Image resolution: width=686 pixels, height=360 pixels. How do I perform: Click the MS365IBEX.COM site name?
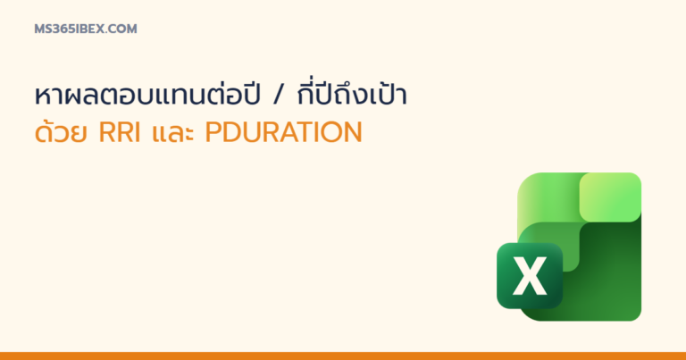[86, 29]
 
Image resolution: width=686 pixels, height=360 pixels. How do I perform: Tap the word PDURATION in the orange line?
[283, 132]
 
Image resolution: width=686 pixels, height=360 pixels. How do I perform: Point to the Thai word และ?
[172, 133]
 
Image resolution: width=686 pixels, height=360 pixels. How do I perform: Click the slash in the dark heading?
[278, 96]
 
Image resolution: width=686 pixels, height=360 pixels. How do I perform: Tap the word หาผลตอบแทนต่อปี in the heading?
[147, 93]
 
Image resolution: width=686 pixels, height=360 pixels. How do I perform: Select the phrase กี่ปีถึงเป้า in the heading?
[352, 93]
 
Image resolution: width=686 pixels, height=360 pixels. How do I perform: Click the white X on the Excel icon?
[530, 275]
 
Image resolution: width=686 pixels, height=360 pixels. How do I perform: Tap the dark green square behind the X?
[530, 275]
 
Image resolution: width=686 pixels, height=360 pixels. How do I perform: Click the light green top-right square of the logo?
[610, 197]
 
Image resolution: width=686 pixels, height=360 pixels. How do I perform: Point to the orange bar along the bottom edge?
[343, 356]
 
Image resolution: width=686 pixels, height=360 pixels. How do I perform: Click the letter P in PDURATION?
[213, 132]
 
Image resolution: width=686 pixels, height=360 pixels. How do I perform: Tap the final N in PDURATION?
[353, 132]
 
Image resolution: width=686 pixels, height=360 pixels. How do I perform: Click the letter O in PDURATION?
[331, 132]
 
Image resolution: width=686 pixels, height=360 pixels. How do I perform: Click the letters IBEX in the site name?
[88, 29]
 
